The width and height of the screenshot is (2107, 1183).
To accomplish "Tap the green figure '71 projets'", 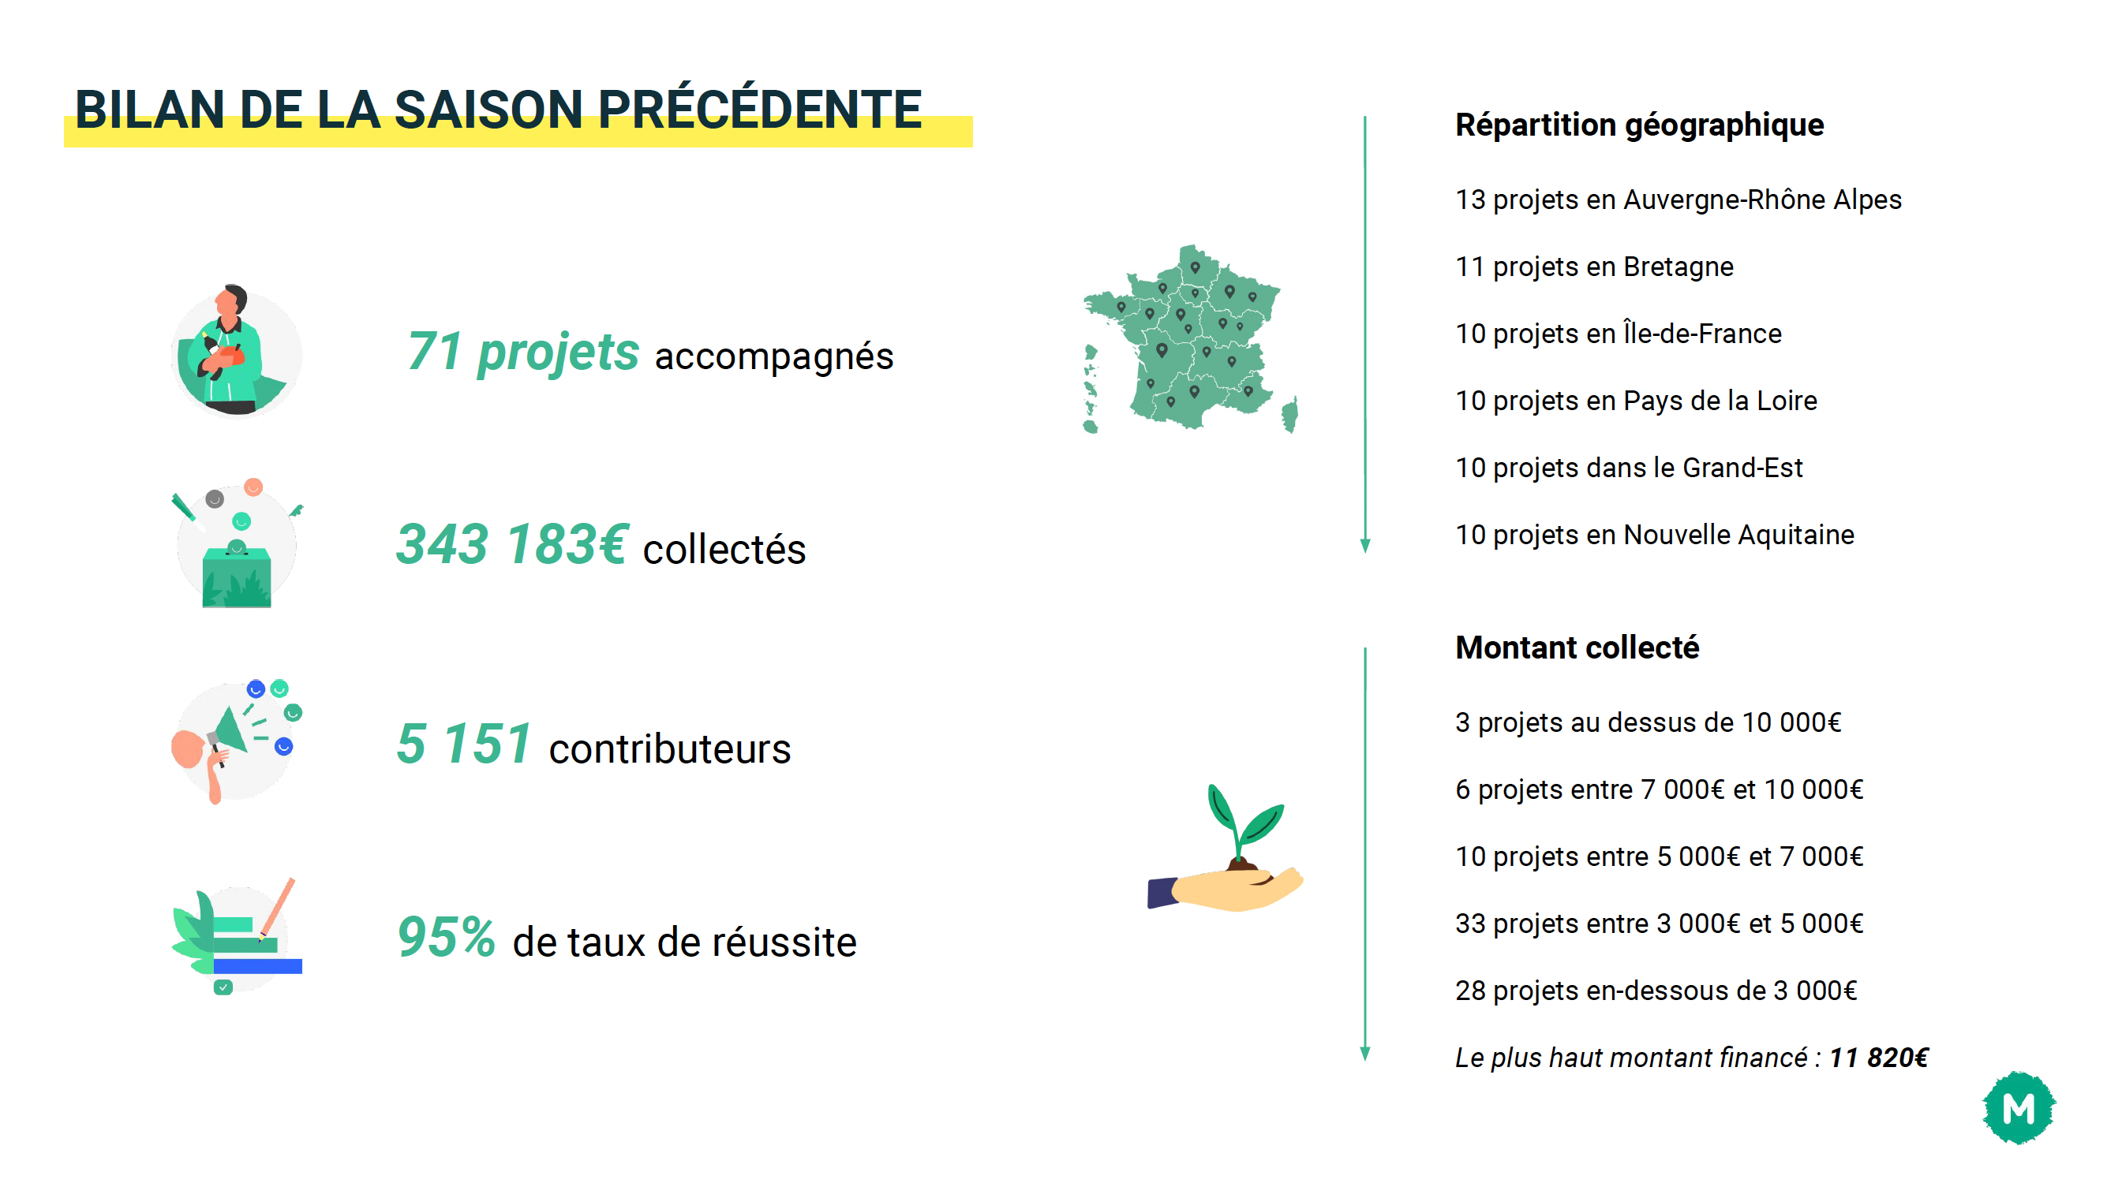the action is pos(522,353).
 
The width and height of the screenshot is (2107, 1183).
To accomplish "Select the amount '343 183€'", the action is pos(513,544).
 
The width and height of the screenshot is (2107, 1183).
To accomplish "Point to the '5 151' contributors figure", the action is pos(465,743).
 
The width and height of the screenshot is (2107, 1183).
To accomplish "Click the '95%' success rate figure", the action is pos(447,937).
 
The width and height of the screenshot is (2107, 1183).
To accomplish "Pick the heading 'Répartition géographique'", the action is pos(1639,125).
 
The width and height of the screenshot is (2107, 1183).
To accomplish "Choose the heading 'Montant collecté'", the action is pos(1577,647).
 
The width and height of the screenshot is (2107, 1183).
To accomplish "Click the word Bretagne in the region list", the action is pos(1678,267).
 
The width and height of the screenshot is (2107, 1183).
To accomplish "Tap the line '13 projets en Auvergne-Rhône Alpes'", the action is pos(1678,200).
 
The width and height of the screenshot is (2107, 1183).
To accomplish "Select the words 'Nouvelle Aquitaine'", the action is pos(1739,535).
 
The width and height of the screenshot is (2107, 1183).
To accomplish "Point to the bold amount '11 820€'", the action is pos(1879,1058).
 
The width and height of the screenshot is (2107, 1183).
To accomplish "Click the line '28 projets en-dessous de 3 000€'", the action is pos(1656,991).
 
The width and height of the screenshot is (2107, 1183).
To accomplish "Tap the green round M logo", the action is pos(2019,1108).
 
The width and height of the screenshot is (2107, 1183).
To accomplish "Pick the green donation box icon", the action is pos(237,577).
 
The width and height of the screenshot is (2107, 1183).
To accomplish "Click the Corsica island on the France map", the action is pos(1290,415).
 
